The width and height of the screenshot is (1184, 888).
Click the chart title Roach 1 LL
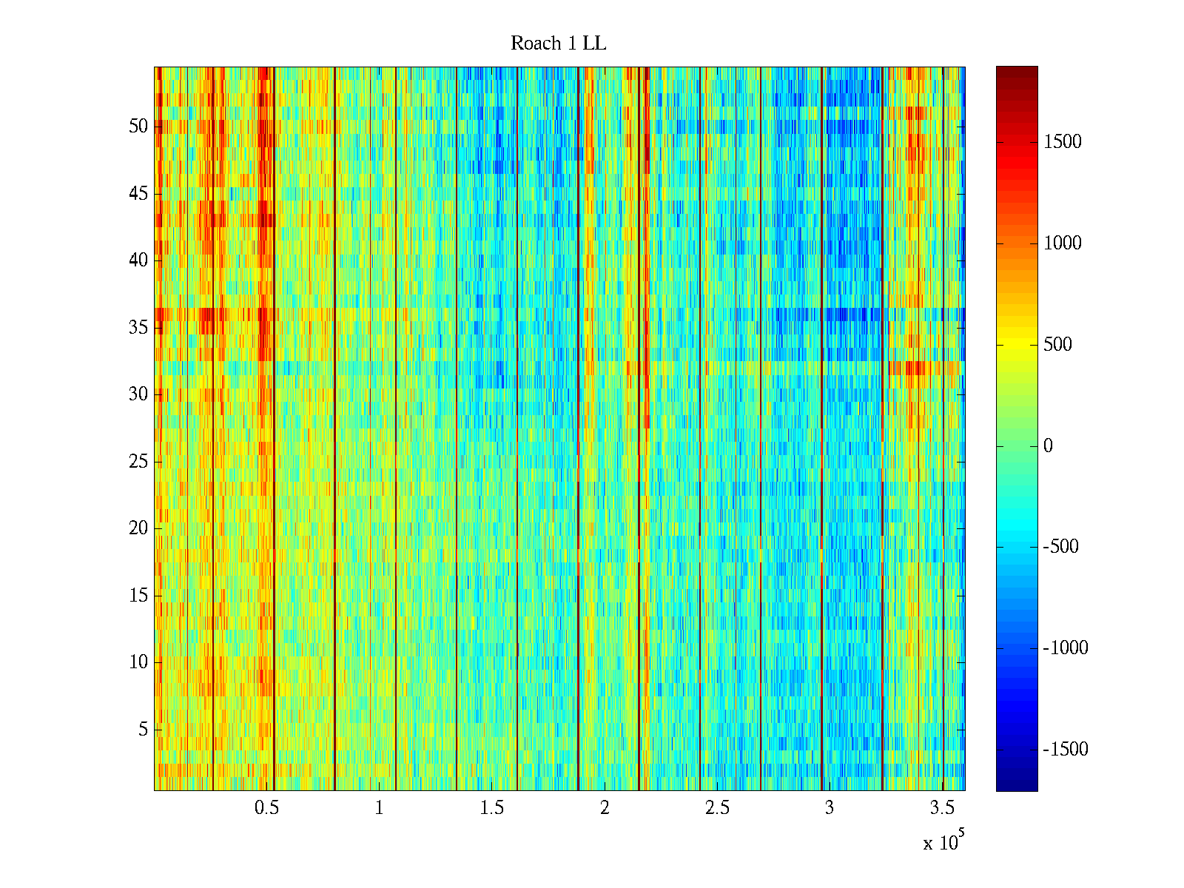558,44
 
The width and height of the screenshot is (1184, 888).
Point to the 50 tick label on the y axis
138,127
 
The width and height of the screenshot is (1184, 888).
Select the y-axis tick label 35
138,328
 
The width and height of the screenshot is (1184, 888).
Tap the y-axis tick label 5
143,730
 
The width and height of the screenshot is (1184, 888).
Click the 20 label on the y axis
138,528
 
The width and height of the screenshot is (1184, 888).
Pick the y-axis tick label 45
138,194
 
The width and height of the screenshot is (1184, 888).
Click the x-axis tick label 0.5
266,808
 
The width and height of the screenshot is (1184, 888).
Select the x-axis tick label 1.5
492,808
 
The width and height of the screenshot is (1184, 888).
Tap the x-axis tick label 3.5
942,808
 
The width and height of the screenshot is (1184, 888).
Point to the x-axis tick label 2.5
717,808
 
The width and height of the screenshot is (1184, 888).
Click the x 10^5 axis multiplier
943,842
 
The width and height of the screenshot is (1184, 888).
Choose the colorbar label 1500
1063,142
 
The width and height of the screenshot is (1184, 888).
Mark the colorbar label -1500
1066,750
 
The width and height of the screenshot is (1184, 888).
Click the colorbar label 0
1048,446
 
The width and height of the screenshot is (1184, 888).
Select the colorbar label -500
1061,547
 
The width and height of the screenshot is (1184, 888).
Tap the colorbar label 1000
1063,243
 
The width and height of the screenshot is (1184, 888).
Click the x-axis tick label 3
829,808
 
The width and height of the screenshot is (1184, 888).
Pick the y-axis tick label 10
138,662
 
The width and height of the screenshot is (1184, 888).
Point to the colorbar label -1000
1066,648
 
